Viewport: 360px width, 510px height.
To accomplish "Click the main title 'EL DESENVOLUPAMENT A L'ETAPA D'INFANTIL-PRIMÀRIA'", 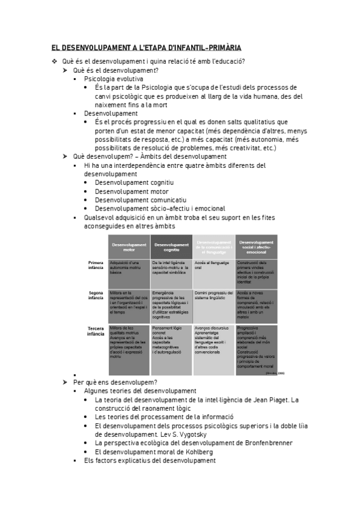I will [150, 48].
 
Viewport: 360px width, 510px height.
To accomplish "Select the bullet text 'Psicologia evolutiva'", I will [114, 79].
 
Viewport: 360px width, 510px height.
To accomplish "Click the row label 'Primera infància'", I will [96, 265].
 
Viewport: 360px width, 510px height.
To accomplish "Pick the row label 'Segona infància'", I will [96, 295].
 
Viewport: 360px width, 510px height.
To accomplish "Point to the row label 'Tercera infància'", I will [96, 331].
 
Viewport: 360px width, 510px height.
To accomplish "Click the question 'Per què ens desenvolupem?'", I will [115, 382].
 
